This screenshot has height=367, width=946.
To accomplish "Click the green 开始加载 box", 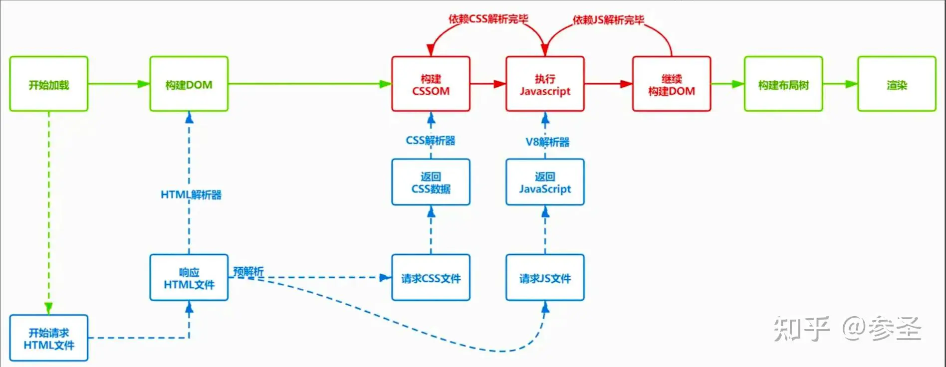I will tap(49, 84).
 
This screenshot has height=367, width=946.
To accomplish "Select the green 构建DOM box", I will tap(189, 84).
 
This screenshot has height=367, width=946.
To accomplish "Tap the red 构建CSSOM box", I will tap(431, 84).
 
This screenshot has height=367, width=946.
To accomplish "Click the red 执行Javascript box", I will tap(545, 84).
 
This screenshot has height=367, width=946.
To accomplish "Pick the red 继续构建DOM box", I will tap(672, 84).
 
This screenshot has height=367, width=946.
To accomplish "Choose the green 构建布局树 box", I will tap(783, 84).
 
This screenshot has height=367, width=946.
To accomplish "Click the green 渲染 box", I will tap(897, 84).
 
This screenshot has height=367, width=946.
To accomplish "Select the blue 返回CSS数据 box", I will tap(431, 182).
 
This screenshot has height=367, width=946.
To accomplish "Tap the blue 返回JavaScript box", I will tap(545, 182).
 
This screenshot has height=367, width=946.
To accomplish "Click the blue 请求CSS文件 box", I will tap(431, 278).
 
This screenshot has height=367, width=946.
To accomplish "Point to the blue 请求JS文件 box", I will tap(545, 278).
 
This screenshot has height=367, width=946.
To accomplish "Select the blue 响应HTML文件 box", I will tap(189, 278).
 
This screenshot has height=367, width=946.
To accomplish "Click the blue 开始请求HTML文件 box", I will tap(49, 338).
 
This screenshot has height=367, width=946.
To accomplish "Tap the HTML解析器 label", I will tap(191, 194).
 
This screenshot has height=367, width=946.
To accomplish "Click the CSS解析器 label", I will tap(431, 141).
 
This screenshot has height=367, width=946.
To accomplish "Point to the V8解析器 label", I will tap(547, 142).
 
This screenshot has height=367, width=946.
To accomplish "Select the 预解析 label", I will tap(248, 271).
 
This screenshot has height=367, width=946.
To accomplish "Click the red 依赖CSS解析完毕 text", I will tap(488, 19).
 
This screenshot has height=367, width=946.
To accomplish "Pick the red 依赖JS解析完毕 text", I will tap(608, 20).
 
